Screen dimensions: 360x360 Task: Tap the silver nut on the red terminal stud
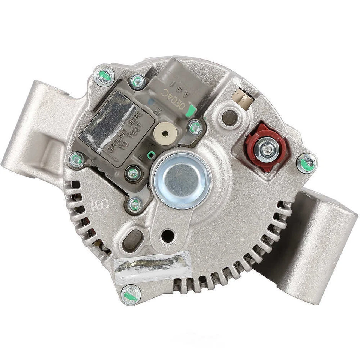(x=266, y=149)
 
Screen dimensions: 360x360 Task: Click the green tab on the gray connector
(x=192, y=110)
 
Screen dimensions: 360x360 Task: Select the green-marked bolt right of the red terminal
(x=307, y=163)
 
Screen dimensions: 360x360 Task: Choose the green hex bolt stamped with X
(x=105, y=76)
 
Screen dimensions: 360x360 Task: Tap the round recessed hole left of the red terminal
(x=229, y=117)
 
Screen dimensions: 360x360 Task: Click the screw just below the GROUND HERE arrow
(x=132, y=173)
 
